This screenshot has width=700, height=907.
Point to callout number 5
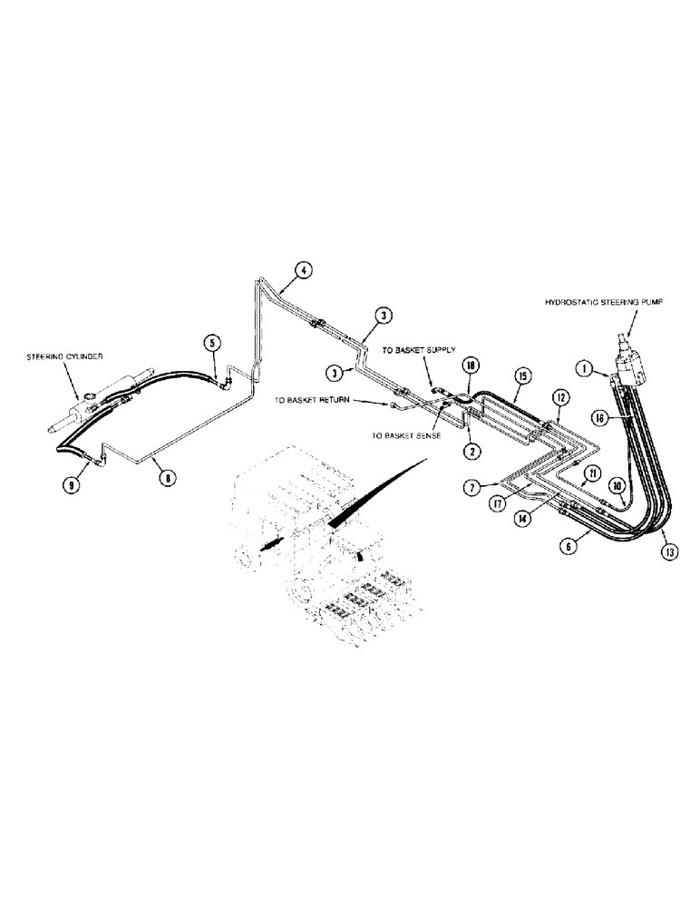[211, 343]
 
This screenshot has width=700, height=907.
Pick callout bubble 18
[469, 365]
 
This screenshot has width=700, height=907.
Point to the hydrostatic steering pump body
[631, 367]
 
